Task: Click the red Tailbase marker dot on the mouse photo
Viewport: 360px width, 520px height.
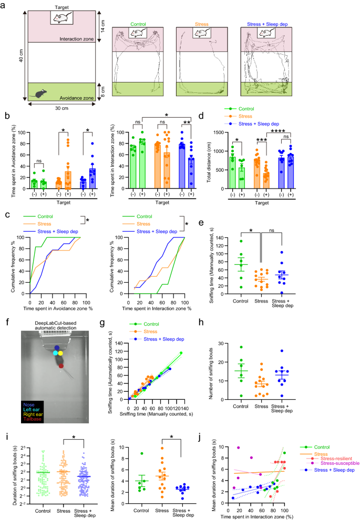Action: [x=62, y=366]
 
